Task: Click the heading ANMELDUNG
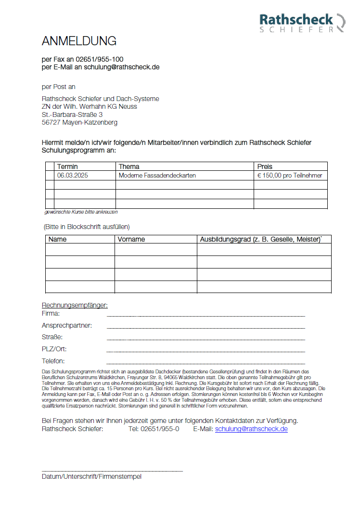[x=79, y=40]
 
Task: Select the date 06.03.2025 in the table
[x=72, y=176]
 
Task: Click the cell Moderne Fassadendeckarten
[x=157, y=176]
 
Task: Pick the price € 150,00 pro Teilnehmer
[x=290, y=176]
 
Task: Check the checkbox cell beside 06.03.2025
[x=50, y=176]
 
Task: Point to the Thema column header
[x=129, y=166]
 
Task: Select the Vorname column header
[x=131, y=239]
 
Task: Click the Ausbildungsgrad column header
[x=260, y=239]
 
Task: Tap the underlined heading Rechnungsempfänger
[x=75, y=305]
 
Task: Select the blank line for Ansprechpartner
[x=206, y=327]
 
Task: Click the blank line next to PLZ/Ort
[x=206, y=351]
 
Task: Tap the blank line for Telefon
[x=206, y=363]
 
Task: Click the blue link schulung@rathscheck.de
[x=251, y=429]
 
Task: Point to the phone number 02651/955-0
[x=154, y=429]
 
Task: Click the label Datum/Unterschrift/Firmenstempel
[x=91, y=476]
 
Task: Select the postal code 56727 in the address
[x=51, y=122]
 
